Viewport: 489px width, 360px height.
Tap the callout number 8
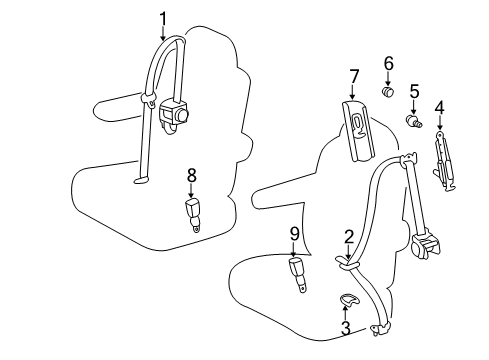[191, 175]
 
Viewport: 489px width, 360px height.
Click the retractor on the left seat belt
[179, 115]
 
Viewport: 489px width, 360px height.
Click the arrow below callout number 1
[163, 32]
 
